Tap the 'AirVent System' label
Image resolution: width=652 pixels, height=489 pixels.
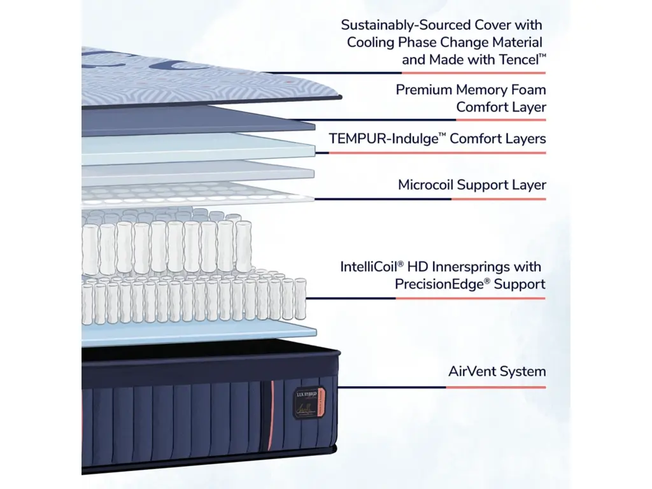[x=497, y=371]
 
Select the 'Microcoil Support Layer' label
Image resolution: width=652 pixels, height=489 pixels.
[x=472, y=185]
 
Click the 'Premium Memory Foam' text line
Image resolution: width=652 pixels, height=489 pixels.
[x=471, y=90]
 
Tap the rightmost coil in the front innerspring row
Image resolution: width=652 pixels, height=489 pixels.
[x=300, y=299]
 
